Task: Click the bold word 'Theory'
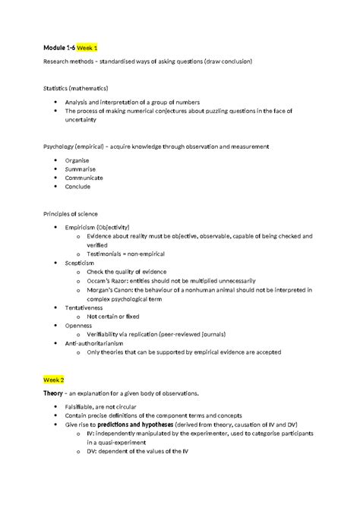pyautogui.click(x=54, y=393)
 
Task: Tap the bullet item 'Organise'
pyautogui.click(x=77, y=160)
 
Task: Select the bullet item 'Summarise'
pyautogui.click(x=80, y=169)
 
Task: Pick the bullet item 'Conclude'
pyautogui.click(x=78, y=186)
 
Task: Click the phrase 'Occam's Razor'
pyautogui.click(x=109, y=280)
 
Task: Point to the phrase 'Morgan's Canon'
pyautogui.click(x=112, y=289)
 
